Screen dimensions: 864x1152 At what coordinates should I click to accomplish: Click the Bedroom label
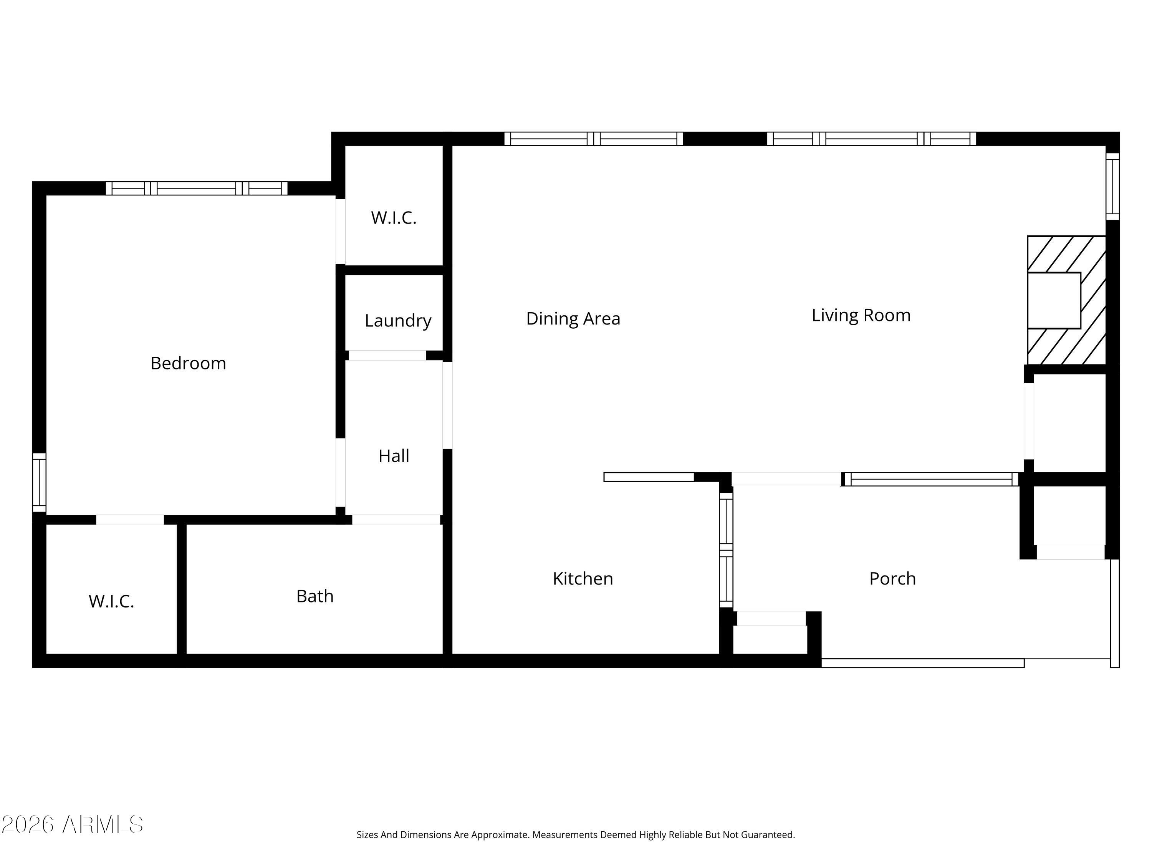pos(188,363)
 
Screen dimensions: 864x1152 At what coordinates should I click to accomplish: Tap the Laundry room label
pos(398,320)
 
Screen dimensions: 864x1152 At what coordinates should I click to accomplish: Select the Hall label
pos(394,456)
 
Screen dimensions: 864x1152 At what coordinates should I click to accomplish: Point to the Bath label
pos(314,596)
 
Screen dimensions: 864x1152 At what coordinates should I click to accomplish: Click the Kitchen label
pos(583,578)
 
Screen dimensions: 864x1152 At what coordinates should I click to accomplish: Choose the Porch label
pos(892,578)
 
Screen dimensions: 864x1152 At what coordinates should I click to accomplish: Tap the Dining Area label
pos(573,318)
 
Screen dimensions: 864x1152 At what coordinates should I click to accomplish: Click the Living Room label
pos(861,315)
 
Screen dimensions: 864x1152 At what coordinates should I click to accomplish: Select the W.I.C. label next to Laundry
pos(394,218)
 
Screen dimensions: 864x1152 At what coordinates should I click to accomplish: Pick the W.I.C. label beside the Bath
pos(111,601)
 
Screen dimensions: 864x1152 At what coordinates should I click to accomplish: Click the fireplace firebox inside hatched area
pos(1054,301)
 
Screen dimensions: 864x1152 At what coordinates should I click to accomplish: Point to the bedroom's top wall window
pos(196,188)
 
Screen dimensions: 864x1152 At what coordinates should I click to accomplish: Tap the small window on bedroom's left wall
pos(39,482)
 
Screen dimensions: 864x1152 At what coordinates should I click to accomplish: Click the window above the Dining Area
pos(593,139)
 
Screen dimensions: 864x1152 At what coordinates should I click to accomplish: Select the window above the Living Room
pos(871,139)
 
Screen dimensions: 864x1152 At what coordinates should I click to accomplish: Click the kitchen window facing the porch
pos(726,550)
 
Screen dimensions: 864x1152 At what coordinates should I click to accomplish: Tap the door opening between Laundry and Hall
pos(387,355)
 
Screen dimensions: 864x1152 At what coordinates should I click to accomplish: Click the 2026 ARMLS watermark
pos(73,824)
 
